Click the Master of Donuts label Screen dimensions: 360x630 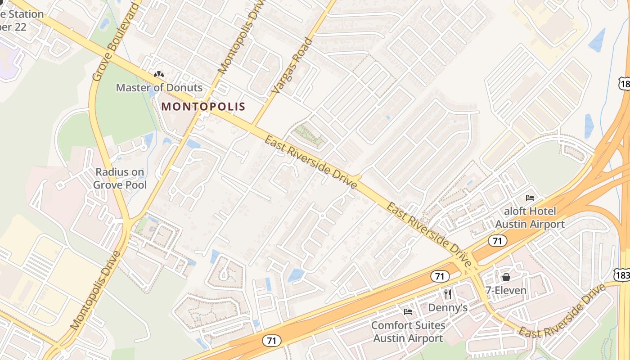point(159,87)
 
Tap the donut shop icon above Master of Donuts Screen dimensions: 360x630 point(159,74)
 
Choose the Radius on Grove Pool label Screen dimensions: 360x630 point(120,178)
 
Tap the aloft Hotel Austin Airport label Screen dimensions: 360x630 point(530,217)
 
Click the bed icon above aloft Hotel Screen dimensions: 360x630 point(530,198)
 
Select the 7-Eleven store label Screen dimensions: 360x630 point(506,290)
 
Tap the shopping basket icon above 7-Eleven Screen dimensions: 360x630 point(506,277)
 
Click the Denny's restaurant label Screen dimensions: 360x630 point(448,308)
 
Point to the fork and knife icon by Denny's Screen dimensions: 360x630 point(447,294)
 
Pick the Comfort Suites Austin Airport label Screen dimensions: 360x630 point(408,332)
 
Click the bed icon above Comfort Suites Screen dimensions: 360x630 point(408,311)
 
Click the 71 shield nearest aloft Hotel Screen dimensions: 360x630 point(497,241)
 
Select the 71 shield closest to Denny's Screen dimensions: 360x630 point(440,276)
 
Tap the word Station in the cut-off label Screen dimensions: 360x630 point(26,14)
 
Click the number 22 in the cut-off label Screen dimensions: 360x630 point(19,27)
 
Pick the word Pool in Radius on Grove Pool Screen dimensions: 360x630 point(136,184)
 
